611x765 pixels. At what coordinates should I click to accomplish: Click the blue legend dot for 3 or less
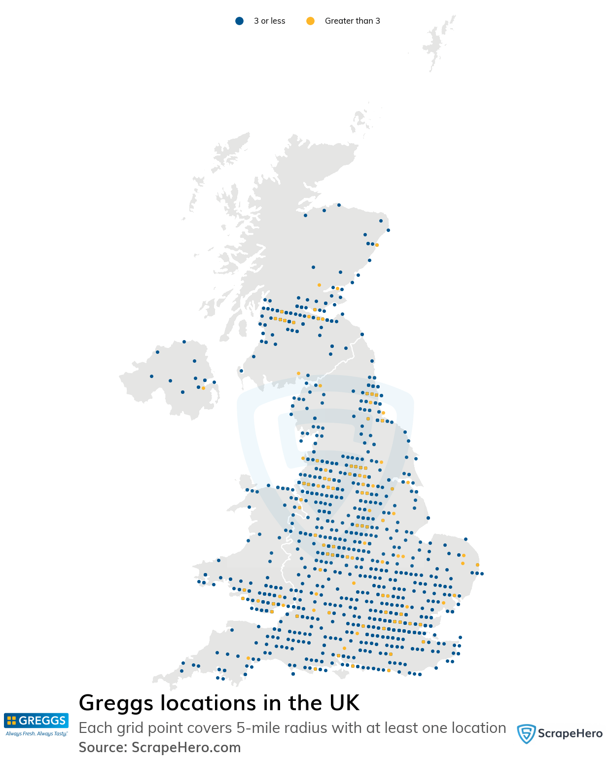(x=239, y=21)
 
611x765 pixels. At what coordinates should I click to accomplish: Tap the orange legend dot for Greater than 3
(x=310, y=21)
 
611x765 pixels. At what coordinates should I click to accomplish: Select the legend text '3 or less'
(x=269, y=21)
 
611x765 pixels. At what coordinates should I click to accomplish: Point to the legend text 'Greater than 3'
(x=352, y=21)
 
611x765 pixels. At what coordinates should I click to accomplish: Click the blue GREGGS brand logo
(x=36, y=721)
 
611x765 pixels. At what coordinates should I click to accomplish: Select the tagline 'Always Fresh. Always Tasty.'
(x=36, y=734)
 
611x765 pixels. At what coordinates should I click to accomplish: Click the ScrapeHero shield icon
(x=526, y=733)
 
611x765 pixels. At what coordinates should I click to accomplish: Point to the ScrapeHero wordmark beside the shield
(x=570, y=733)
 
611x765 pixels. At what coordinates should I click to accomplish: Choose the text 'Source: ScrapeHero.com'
(x=160, y=748)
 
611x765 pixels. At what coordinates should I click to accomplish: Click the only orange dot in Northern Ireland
(x=203, y=388)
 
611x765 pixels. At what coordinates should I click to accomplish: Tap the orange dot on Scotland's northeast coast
(x=377, y=245)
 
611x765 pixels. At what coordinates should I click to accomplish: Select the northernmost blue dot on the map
(x=339, y=205)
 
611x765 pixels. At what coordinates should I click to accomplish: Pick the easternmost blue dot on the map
(x=482, y=574)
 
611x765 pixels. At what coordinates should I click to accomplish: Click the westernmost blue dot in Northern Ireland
(x=151, y=376)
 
